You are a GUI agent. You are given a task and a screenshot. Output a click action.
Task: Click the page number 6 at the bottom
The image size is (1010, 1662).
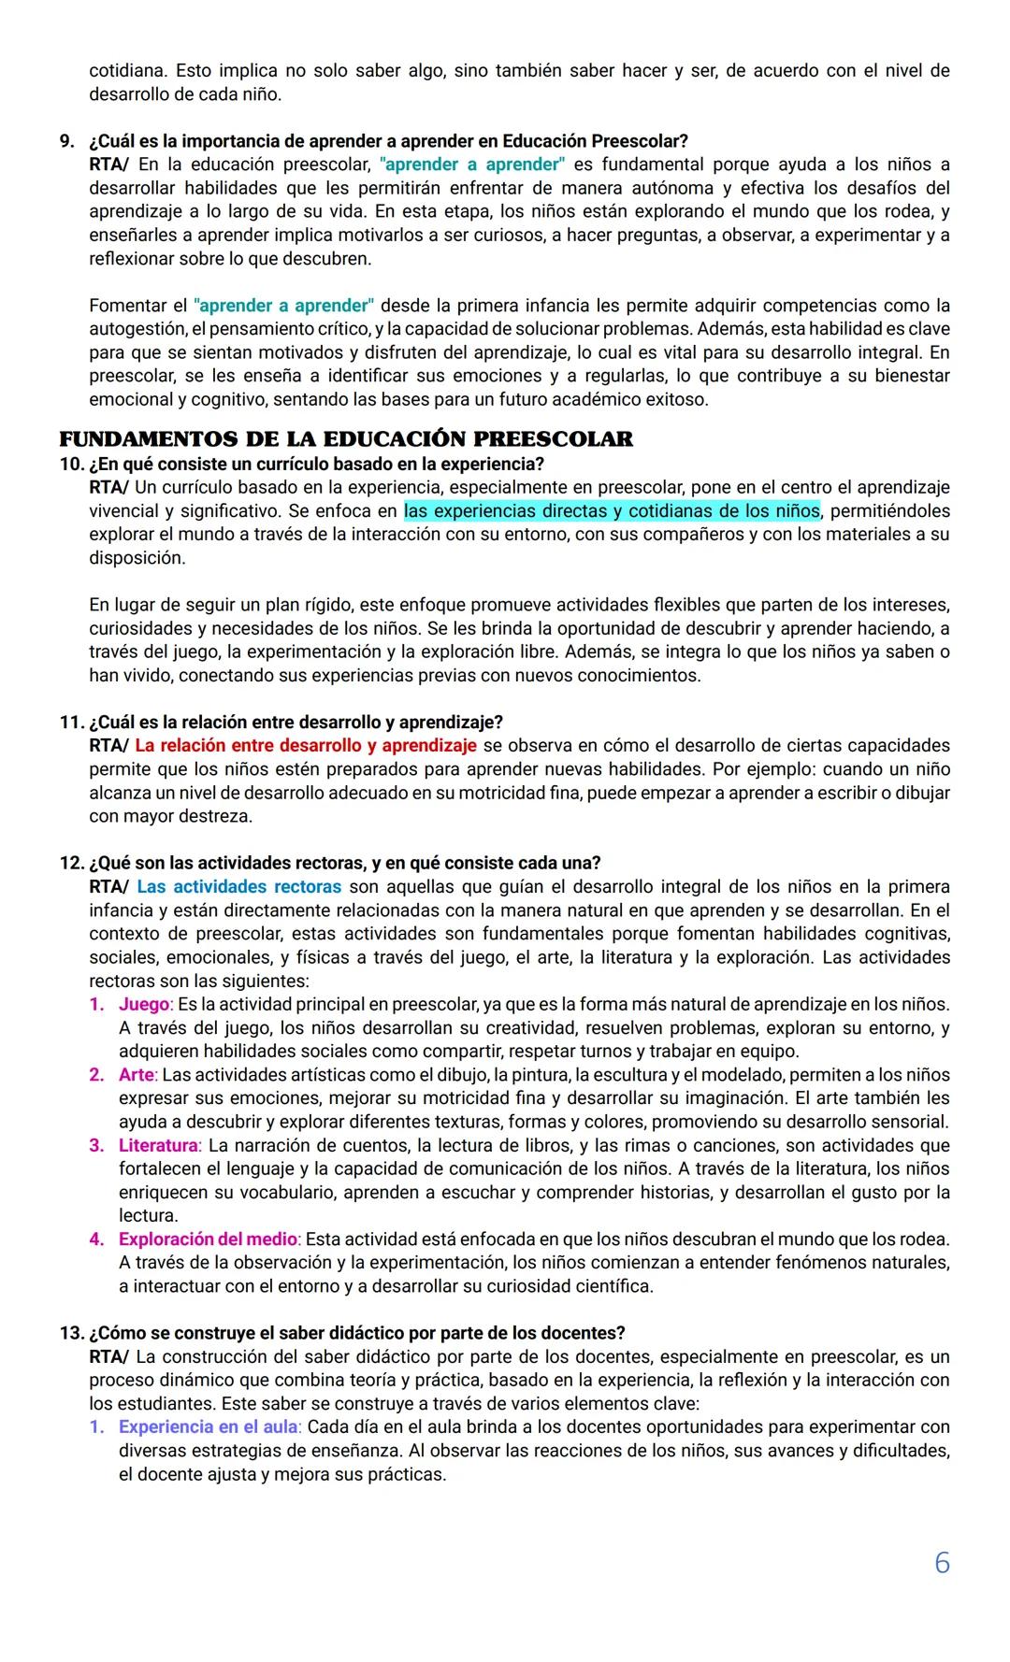tap(942, 1562)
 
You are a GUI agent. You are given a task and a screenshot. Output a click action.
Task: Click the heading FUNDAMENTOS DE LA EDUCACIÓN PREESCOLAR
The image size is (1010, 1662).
tap(346, 438)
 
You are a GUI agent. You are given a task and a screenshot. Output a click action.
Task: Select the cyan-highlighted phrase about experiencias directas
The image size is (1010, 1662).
tap(612, 511)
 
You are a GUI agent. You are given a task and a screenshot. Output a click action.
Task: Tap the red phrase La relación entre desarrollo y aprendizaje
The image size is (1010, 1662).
tap(306, 746)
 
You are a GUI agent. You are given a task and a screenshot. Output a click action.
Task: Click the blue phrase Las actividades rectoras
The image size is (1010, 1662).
tap(238, 886)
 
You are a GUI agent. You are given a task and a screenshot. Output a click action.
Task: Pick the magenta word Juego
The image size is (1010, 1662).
tap(144, 1004)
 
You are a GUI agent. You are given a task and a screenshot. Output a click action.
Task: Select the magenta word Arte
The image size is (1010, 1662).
tap(137, 1075)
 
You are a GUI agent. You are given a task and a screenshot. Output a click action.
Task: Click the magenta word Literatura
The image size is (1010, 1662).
tap(158, 1145)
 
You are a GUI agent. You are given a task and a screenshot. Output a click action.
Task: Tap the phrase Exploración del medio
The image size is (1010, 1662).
tap(208, 1239)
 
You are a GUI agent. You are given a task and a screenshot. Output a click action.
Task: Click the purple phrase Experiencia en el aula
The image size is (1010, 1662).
tap(208, 1426)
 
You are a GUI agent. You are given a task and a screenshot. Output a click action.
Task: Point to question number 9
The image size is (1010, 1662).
tap(66, 141)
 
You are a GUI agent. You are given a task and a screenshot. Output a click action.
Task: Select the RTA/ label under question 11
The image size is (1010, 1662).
tap(108, 746)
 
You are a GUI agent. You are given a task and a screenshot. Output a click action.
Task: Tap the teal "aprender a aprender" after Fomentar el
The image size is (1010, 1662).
tap(283, 306)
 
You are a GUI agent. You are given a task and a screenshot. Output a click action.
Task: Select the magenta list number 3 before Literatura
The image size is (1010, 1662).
tap(96, 1145)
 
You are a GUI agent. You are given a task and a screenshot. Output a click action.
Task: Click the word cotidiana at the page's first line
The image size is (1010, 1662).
tap(126, 71)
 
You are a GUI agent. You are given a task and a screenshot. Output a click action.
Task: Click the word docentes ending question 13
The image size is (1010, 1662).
tap(585, 1333)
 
